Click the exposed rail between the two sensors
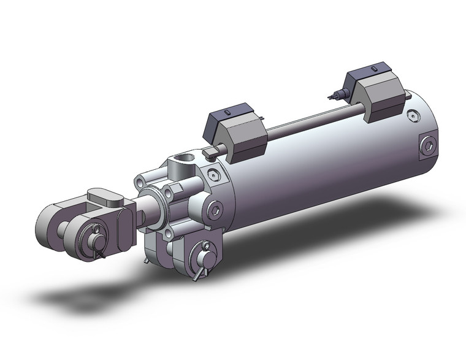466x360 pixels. (307, 120)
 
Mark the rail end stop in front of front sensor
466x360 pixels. (210, 151)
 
